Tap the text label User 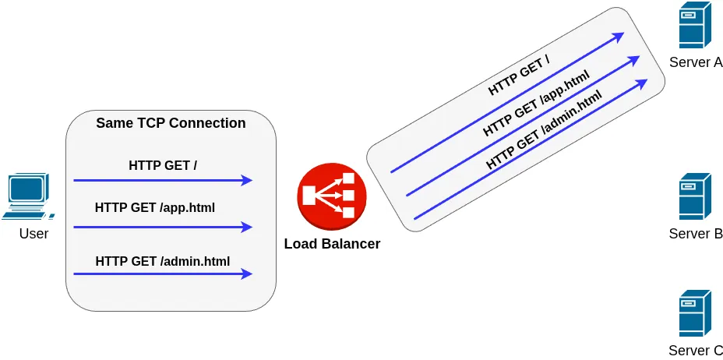[x=34, y=234]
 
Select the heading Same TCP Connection [x=171, y=123]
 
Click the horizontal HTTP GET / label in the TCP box [x=163, y=165]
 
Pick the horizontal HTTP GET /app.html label [x=155, y=208]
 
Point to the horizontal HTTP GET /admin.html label [x=163, y=261]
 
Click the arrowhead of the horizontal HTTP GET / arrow [x=248, y=181]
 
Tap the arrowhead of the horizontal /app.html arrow [x=248, y=228]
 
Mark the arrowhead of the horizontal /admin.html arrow [x=248, y=274]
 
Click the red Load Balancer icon [x=332, y=196]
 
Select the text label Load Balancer [x=332, y=244]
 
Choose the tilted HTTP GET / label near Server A [x=519, y=78]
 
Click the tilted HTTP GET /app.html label [x=535, y=103]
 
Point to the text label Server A [x=695, y=62]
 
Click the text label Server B [x=695, y=234]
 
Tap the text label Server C [x=695, y=351]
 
